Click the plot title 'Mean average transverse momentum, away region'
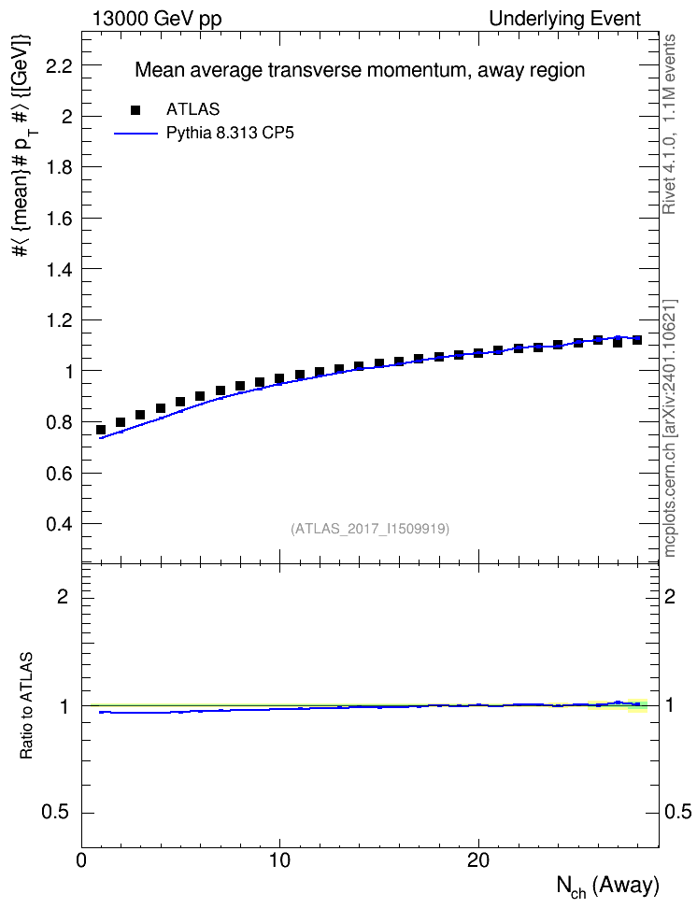point(360,70)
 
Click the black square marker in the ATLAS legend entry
point(135,110)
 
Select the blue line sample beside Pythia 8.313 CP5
point(135,134)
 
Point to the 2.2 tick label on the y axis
point(59,66)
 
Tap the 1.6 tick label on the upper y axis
point(59,219)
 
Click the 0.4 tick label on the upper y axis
point(59,524)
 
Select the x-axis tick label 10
point(280,860)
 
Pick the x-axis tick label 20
point(478,860)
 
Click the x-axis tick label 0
point(81,860)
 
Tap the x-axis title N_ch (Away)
point(608,886)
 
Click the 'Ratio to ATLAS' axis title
point(26,705)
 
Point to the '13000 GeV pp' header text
point(157,19)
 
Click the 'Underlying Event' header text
point(565,19)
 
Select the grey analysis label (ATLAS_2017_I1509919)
point(370,529)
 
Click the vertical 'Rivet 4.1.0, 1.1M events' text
point(669,124)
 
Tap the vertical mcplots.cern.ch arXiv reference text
point(669,429)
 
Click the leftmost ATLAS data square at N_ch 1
point(101,430)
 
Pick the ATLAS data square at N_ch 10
point(279,378)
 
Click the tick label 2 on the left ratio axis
point(64,596)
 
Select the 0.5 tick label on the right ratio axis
point(677,813)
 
